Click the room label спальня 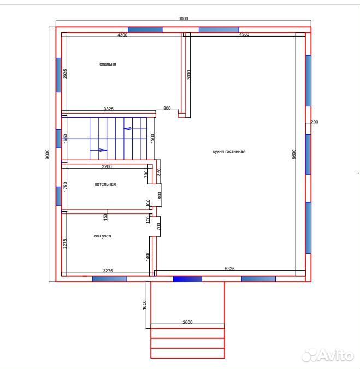(108, 64)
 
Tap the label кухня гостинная (229, 151)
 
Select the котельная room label (105, 184)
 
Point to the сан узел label (102, 236)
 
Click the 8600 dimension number (294, 154)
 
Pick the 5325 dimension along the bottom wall (229, 268)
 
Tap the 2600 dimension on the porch (188, 322)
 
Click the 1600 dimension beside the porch (145, 305)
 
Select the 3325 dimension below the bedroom (109, 109)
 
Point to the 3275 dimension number (108, 271)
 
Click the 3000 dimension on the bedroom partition (188, 75)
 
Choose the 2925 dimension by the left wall (65, 74)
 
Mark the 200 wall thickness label (315, 122)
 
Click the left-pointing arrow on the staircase (135, 129)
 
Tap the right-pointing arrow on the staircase (98, 150)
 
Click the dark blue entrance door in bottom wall (187, 279)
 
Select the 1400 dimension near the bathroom (147, 256)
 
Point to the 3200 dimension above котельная (107, 166)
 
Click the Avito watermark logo (328, 355)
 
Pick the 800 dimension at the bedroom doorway (167, 108)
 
